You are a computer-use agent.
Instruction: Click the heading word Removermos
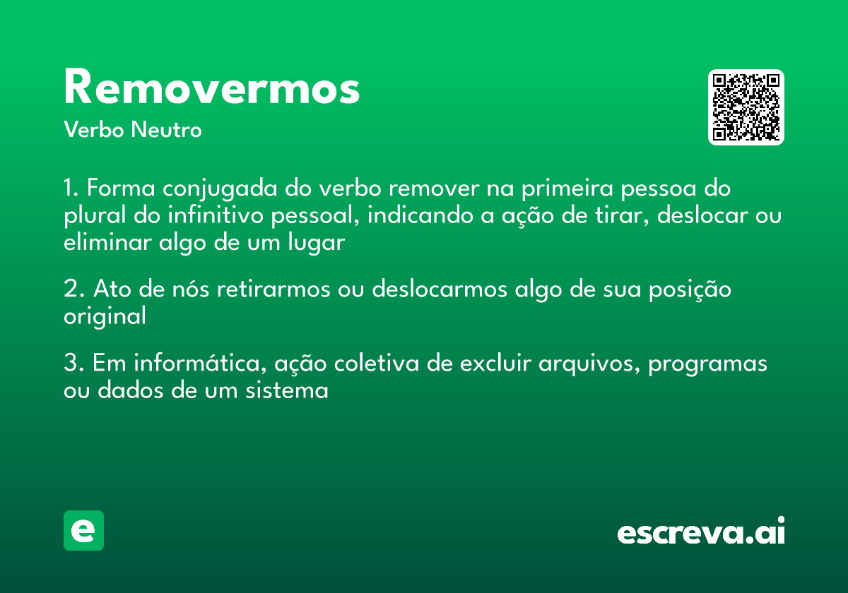pyautogui.click(x=212, y=88)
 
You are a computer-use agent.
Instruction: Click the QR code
pyautogui.click(x=746, y=107)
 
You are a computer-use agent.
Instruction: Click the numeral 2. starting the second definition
pyautogui.click(x=74, y=290)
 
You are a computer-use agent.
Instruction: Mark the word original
pyautogui.click(x=105, y=316)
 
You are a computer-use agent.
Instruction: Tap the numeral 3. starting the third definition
pyautogui.click(x=74, y=364)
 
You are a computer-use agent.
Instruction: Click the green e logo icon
pyautogui.click(x=83, y=530)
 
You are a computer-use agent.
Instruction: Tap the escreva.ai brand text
pyautogui.click(x=700, y=532)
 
